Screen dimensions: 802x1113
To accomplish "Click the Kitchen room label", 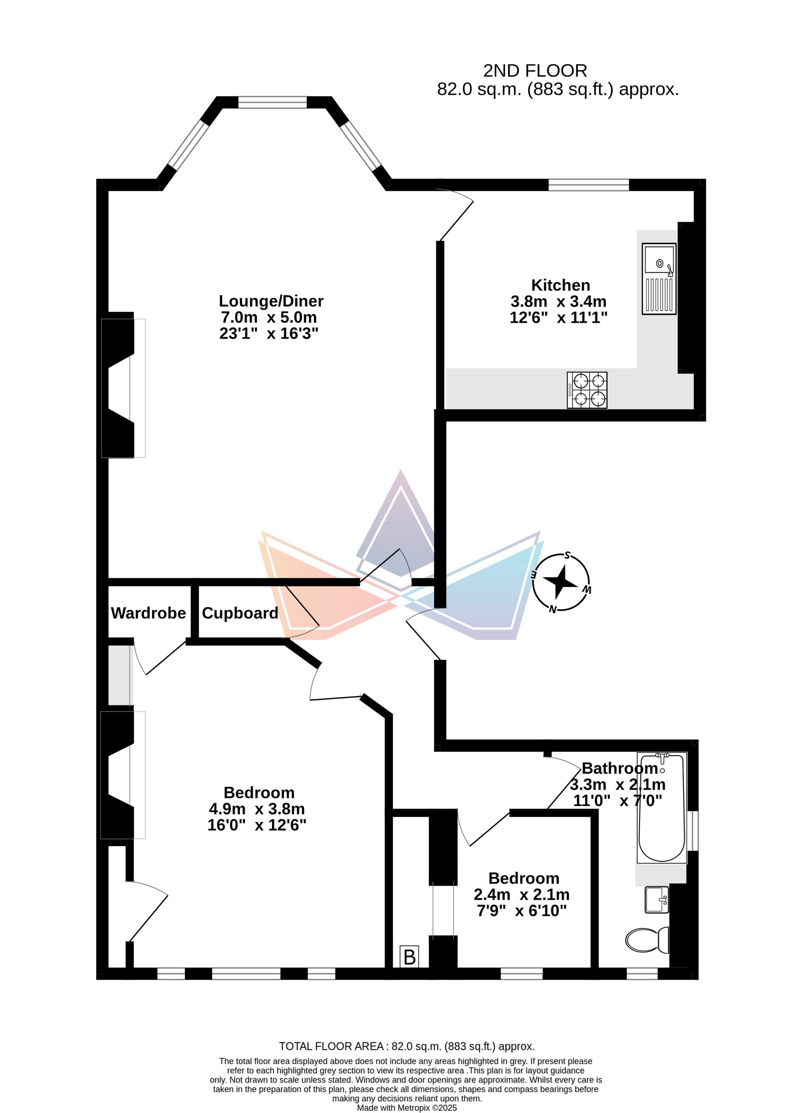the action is click(x=560, y=285).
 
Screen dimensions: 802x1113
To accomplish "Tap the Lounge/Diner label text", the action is click(x=271, y=301).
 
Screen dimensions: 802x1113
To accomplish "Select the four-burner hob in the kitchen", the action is click(x=587, y=390).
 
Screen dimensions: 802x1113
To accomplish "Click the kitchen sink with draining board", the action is click(x=659, y=279).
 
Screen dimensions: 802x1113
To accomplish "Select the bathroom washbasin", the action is click(x=656, y=899).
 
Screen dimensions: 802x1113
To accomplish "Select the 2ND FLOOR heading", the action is click(x=535, y=71).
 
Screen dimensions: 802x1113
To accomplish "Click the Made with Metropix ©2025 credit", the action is click(x=407, y=1108).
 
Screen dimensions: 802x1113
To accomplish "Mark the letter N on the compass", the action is click(x=553, y=609).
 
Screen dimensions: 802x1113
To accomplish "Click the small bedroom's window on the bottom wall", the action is click(x=522, y=973).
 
